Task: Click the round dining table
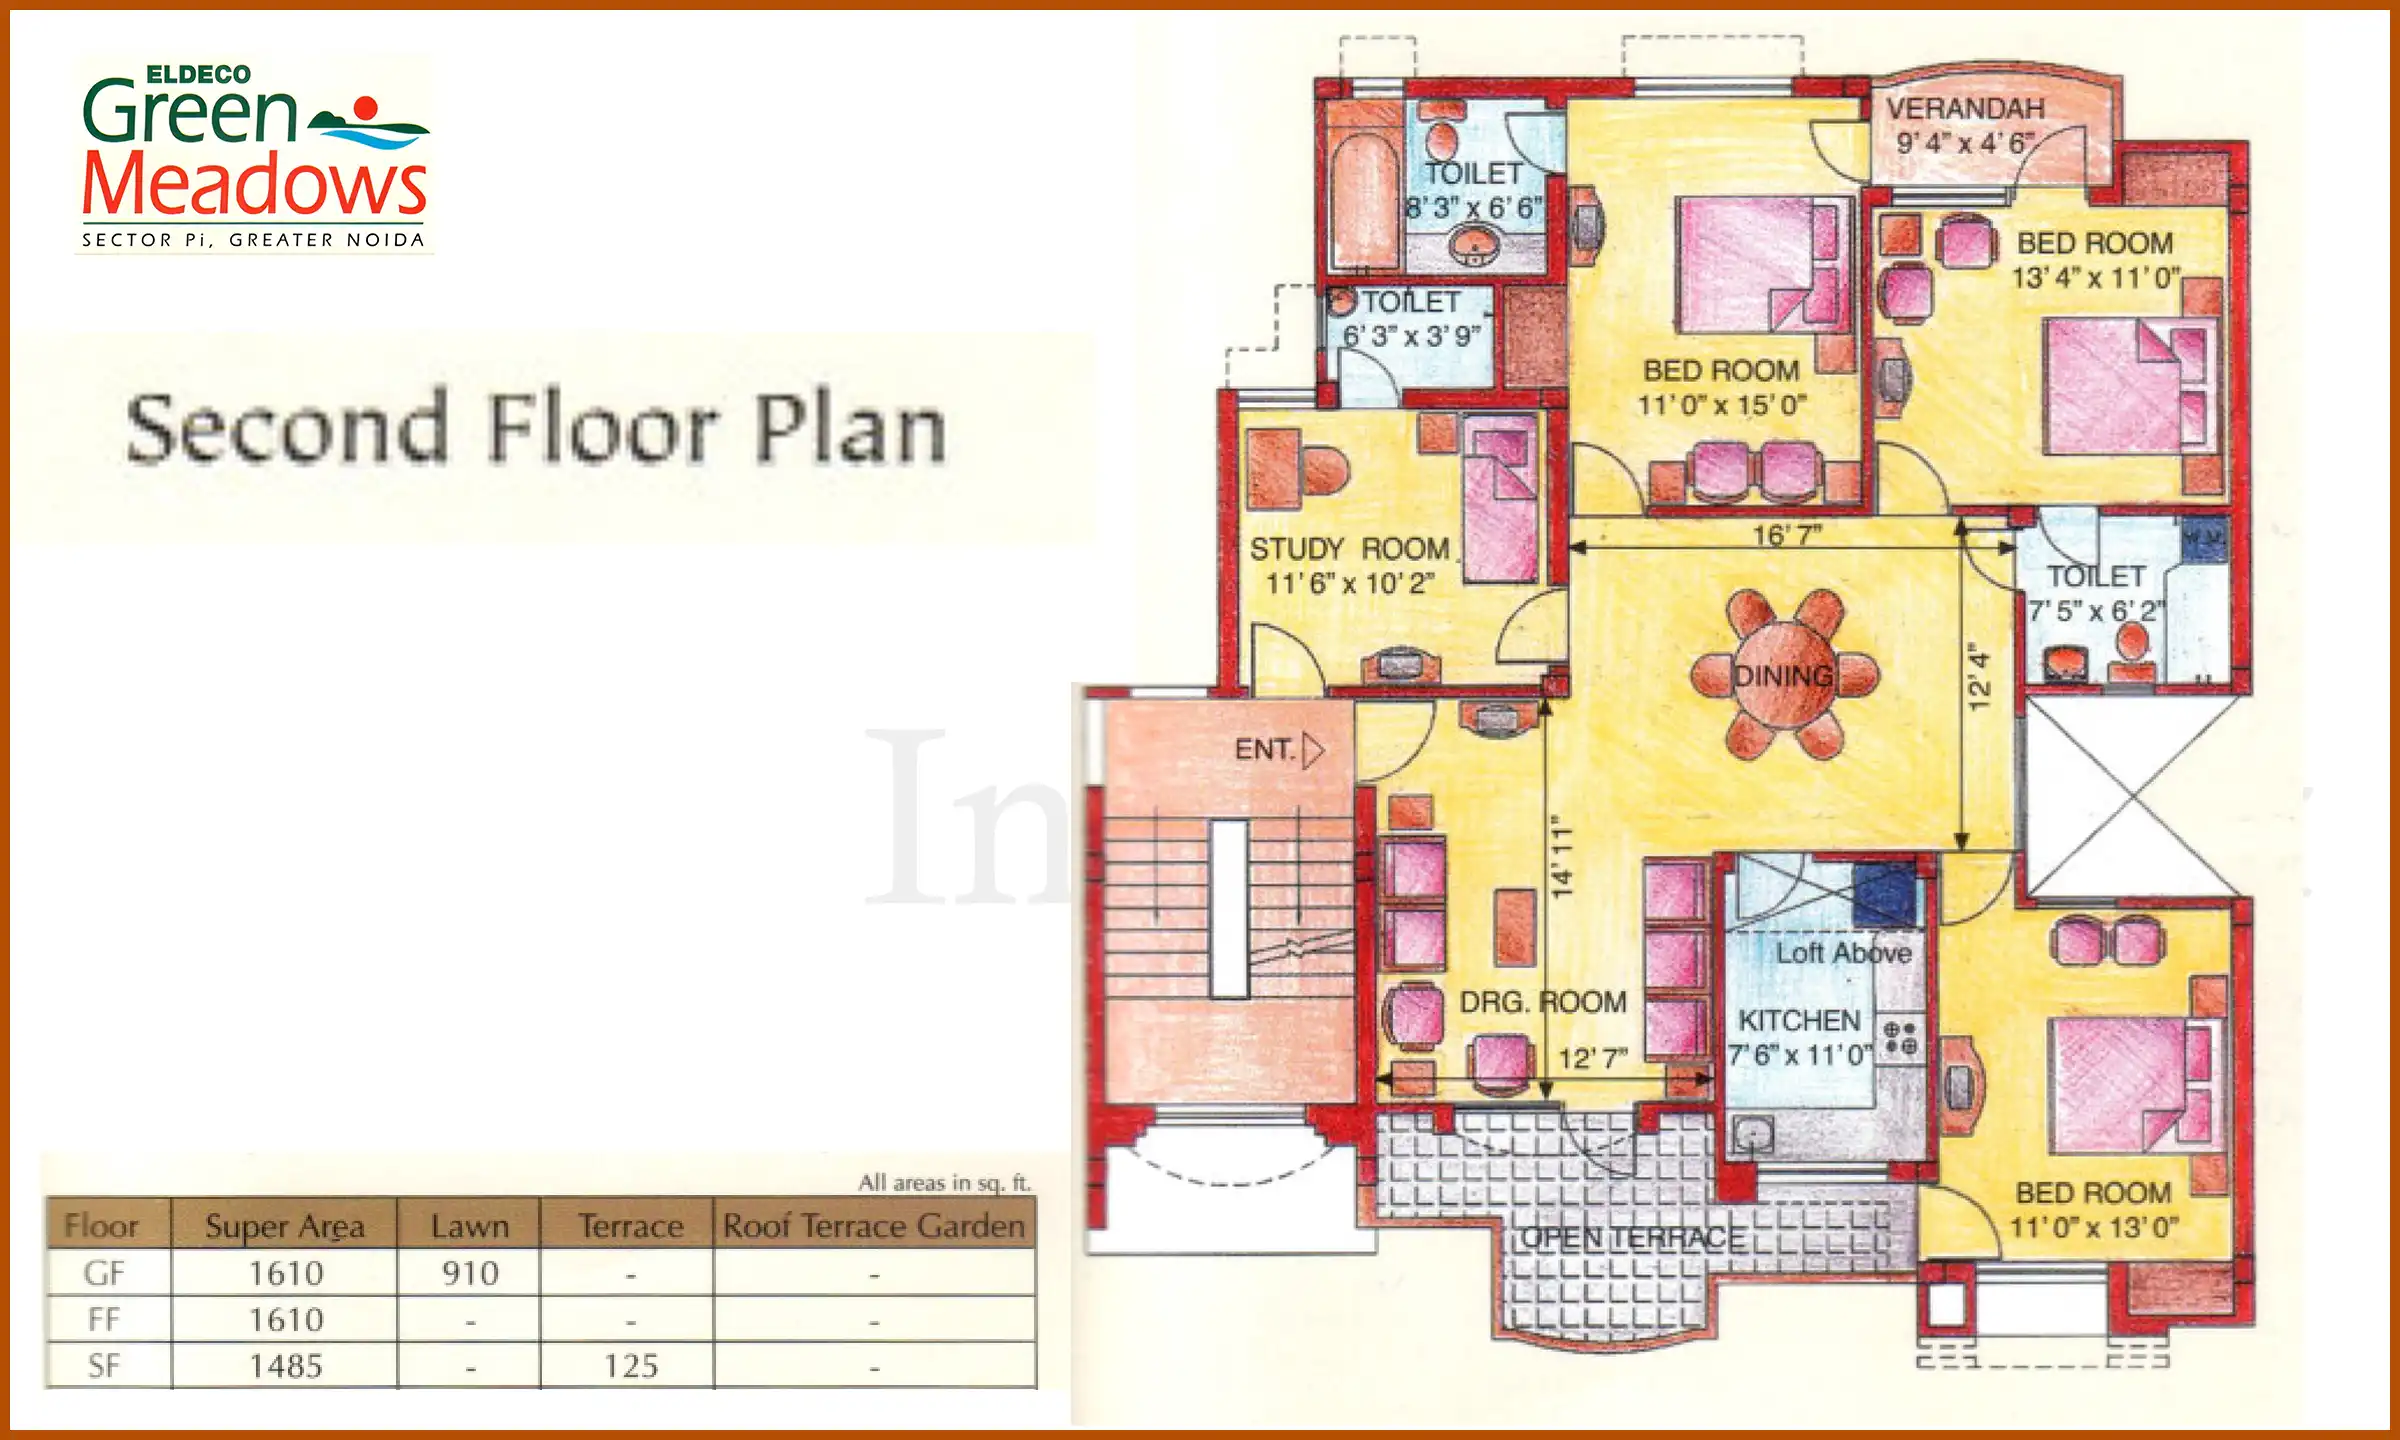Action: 1785,676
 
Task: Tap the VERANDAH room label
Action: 1965,108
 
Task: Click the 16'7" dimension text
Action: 1786,536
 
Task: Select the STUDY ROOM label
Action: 1349,549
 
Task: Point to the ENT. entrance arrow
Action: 1313,750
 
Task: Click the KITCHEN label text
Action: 1799,1020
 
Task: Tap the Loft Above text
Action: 1843,953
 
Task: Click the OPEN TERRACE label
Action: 1632,1238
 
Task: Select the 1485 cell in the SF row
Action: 286,1366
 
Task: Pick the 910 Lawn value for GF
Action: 470,1273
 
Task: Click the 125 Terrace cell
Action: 630,1366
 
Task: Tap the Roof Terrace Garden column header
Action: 874,1226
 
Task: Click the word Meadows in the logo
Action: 254,186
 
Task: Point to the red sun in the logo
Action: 366,107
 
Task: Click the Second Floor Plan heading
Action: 536,430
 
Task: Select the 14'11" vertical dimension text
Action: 1562,855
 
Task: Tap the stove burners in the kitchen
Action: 1900,1037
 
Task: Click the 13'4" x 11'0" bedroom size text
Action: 2095,278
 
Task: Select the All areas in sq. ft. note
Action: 944,1183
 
